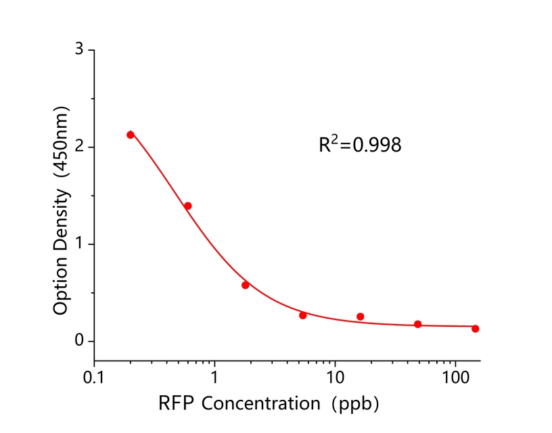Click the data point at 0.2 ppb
131,135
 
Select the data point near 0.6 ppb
188,206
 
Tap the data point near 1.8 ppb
246,285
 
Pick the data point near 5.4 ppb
303,315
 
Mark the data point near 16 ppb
361,317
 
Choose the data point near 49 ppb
418,324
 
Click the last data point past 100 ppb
476,329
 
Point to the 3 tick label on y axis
79,50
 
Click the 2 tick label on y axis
79,147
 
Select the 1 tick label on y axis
79,244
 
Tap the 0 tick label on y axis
79,341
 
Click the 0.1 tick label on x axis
95,376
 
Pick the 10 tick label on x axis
335,376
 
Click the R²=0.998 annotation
360,144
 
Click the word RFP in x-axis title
175,404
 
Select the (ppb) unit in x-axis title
356,404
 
